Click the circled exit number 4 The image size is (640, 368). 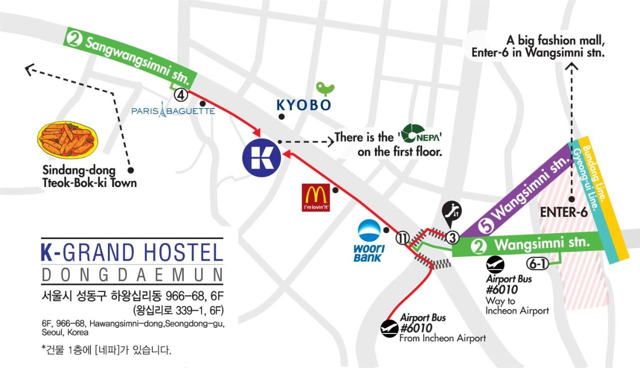(x=180, y=94)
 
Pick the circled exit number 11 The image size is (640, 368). (x=403, y=238)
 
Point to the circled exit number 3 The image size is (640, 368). (x=452, y=237)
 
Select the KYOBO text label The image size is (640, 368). (x=304, y=105)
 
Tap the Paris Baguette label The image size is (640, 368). (x=173, y=110)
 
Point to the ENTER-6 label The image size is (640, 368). (x=563, y=212)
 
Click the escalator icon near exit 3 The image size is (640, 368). (x=452, y=211)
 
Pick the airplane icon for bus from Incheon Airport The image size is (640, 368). (x=389, y=328)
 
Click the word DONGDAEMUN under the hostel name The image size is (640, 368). (x=132, y=275)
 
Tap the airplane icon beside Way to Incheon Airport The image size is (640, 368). (x=495, y=264)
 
